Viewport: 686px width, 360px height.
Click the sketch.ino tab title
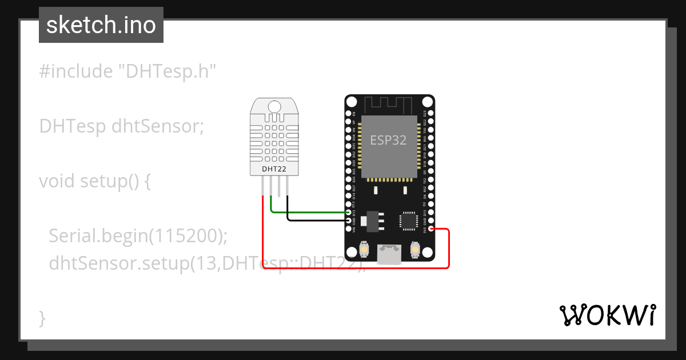coord(101,25)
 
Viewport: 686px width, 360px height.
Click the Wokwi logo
coord(607,315)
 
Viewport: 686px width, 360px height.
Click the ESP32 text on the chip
coord(388,140)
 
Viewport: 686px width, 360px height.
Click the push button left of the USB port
coord(364,250)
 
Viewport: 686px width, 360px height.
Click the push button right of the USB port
coord(416,250)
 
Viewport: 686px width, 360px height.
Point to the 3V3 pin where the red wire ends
coord(431,229)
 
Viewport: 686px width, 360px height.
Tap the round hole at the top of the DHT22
coord(274,106)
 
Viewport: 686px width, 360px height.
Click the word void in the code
coord(58,181)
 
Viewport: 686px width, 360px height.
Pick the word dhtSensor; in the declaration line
coord(158,126)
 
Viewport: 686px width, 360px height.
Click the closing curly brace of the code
coord(42,317)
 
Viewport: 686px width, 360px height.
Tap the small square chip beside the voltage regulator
coord(409,220)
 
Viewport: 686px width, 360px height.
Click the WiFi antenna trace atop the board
coord(389,105)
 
